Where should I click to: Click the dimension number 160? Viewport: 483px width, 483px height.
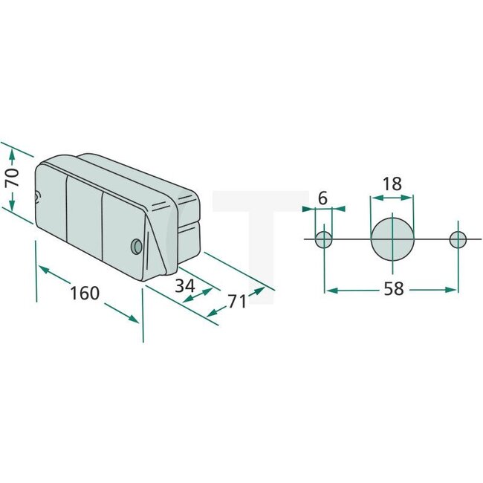[x=84, y=293]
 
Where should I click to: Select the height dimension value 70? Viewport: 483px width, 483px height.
[x=11, y=179]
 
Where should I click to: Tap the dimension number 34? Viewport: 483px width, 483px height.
[x=186, y=285]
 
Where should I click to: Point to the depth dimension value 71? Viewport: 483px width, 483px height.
[x=237, y=301]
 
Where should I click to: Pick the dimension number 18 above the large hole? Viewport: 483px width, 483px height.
[x=392, y=184]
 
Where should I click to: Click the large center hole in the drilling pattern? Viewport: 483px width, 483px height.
[x=392, y=239]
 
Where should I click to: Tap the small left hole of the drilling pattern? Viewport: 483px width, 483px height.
[x=324, y=239]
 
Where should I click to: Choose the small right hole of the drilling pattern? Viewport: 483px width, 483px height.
[x=458, y=239]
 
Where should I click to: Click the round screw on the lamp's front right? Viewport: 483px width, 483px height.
[x=135, y=245]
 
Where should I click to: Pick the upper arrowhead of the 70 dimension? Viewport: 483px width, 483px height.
[x=11, y=153]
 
